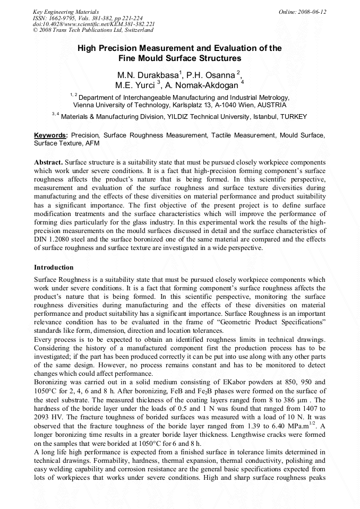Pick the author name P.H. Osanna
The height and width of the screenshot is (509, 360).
[x=213, y=74]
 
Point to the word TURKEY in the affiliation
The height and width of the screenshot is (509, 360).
[x=293, y=117]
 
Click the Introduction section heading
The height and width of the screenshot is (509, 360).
[x=54, y=267]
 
